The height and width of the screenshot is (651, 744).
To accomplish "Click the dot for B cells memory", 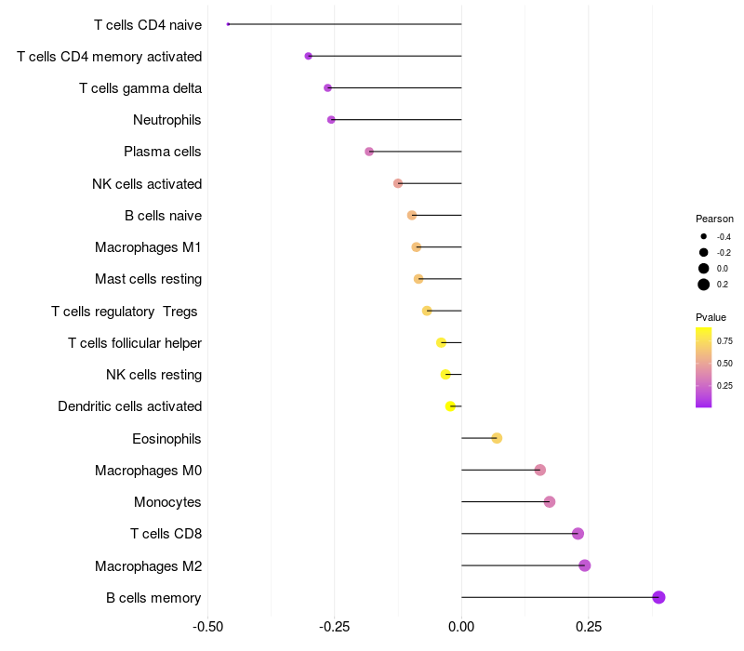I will click(658, 597).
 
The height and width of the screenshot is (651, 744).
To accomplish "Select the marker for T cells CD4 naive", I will click(228, 24).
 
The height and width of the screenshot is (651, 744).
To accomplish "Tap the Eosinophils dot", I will click(497, 438).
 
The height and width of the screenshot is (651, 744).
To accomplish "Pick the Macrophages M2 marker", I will click(584, 565).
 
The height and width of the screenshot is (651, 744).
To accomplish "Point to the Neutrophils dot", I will click(331, 120).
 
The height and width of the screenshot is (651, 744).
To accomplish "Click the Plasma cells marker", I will click(369, 152).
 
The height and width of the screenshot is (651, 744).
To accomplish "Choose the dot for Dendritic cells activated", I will click(450, 406).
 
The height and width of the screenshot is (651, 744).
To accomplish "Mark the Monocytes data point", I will click(550, 502).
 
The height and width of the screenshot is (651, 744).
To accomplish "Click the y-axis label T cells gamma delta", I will click(140, 88).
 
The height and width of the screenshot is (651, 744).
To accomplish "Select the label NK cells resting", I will click(154, 375).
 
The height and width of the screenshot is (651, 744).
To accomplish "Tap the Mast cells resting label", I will click(148, 279).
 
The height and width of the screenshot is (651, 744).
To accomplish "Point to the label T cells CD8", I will click(166, 534).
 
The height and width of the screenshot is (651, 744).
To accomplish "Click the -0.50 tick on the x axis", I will click(207, 627).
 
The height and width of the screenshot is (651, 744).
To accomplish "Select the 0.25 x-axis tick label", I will click(589, 627).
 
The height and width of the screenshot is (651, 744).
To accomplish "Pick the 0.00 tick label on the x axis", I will click(461, 627).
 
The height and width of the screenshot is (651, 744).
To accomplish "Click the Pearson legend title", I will click(714, 219).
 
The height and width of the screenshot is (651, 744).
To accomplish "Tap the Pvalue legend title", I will click(711, 317).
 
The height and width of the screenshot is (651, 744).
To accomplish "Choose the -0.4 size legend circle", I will click(704, 237).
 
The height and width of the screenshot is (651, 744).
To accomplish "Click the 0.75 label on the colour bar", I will click(724, 341).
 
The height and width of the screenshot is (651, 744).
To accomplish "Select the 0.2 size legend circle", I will click(704, 285).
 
